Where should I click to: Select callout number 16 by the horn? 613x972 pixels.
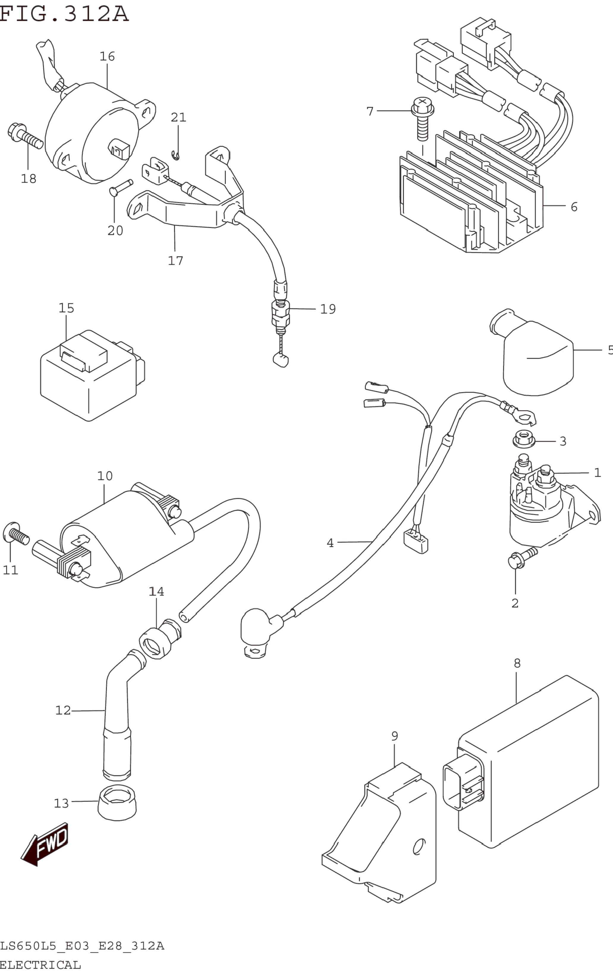(107, 57)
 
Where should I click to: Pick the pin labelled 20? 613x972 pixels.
(121, 188)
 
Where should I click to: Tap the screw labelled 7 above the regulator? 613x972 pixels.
(422, 119)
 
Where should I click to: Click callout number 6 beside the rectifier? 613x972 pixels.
(574, 207)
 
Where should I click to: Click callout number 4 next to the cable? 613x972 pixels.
(330, 543)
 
